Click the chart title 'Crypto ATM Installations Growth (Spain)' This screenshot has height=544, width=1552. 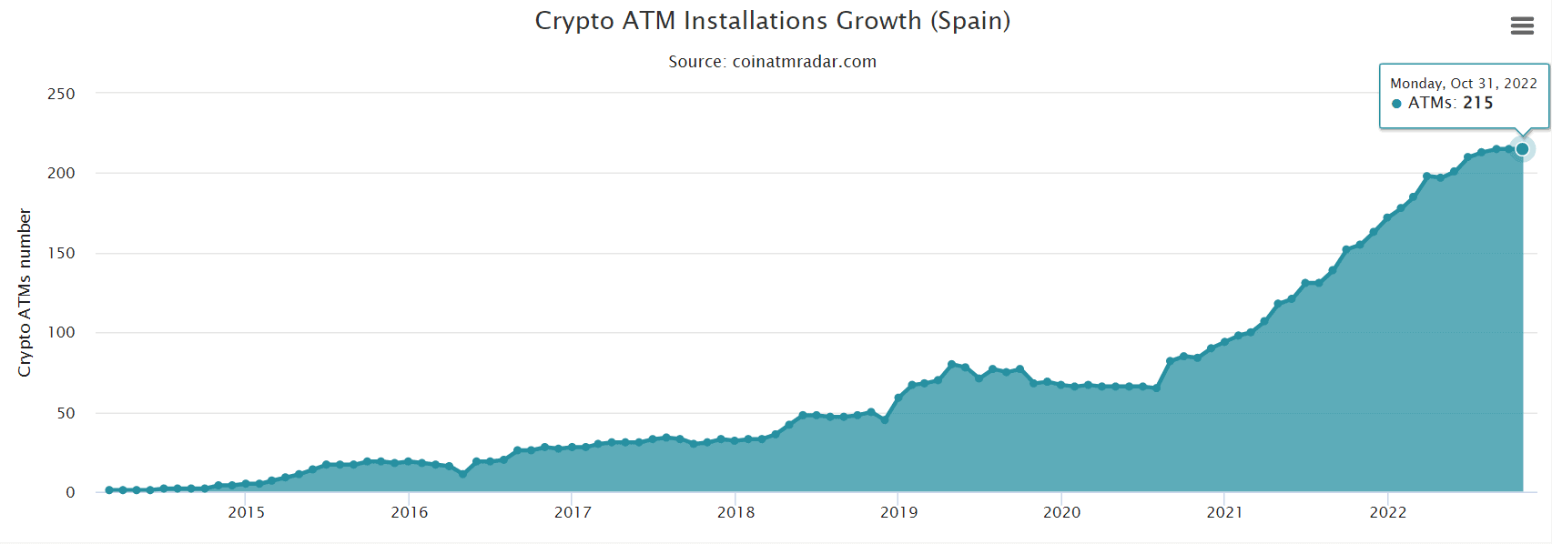pos(772,21)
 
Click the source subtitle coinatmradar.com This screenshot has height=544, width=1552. pos(772,62)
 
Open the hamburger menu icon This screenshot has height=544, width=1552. pos(1522,26)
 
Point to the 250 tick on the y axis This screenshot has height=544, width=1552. pos(61,94)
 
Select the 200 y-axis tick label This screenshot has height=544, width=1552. pos(61,173)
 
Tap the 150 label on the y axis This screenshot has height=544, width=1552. pos(61,253)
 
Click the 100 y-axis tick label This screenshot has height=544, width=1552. pos(61,332)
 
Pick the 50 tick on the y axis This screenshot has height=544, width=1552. pos(66,413)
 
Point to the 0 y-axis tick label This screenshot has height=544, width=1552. pos(70,492)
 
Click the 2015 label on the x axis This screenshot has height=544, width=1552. pos(247,512)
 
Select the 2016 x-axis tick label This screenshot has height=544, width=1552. pos(410,512)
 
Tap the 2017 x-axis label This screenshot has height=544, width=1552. pos(573,512)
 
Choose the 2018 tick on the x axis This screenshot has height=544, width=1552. pos(735,512)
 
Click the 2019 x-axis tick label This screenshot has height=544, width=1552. pos(898,512)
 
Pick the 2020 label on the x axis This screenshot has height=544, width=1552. pos(1061,512)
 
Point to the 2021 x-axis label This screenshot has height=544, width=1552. pos(1224,512)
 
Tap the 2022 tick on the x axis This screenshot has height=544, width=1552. pos(1387,512)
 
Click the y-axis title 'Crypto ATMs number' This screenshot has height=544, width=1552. pos(25,293)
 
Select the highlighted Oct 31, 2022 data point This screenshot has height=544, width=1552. pos(1522,149)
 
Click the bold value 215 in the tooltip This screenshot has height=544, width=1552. pos(1477,103)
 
